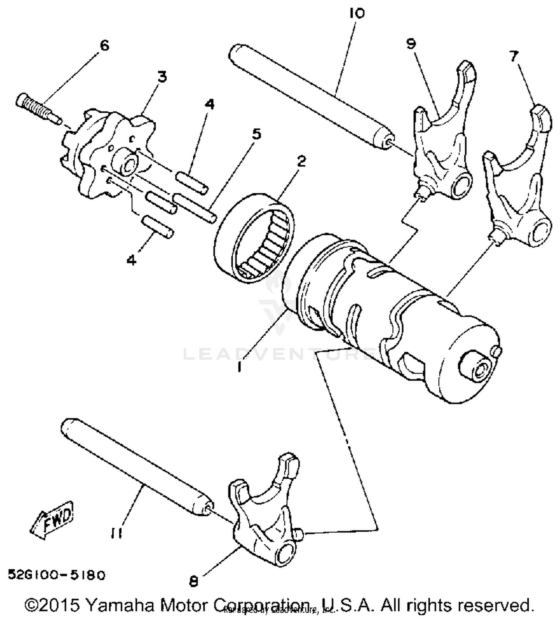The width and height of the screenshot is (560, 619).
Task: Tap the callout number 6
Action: (105, 46)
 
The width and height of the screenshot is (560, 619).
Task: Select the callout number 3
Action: (162, 77)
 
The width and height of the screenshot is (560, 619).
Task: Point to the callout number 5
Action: (256, 134)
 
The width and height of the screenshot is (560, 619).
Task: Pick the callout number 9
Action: (411, 44)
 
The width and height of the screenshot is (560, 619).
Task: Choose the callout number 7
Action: (514, 56)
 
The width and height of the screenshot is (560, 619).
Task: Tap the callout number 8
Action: (193, 581)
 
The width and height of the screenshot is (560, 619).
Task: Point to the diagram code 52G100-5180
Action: (57, 575)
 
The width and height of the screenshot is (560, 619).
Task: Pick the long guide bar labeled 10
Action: (310, 97)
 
